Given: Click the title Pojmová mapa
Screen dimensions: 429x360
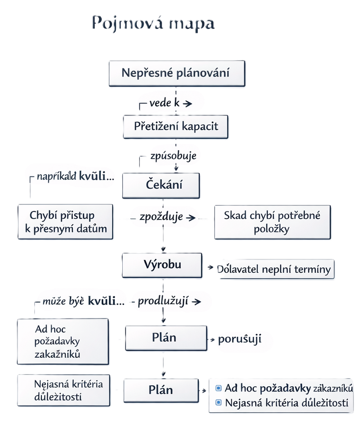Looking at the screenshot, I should [153, 23].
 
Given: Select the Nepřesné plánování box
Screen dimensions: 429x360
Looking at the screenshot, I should [175, 73].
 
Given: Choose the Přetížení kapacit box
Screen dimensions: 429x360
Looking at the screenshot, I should [176, 127].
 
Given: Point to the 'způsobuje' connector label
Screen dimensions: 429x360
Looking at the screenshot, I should [173, 155].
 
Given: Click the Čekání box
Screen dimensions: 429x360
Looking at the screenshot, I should [162, 185].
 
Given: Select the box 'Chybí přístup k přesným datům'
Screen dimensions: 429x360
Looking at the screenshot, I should [66, 222].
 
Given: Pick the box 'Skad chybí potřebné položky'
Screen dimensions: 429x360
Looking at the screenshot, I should [272, 222].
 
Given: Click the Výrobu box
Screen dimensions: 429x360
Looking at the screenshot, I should [162, 265].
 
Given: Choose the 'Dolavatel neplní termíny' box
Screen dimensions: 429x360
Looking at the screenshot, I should [273, 269].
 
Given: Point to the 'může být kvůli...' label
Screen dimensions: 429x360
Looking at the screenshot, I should [84, 301].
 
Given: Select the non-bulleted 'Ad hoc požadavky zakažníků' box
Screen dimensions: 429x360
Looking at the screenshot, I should [63, 342].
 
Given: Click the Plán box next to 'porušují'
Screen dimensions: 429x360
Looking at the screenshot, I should [164, 338].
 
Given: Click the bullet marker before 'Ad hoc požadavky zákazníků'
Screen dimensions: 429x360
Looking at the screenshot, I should [218, 387].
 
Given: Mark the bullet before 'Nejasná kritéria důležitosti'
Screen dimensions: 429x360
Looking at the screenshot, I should [218, 403].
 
